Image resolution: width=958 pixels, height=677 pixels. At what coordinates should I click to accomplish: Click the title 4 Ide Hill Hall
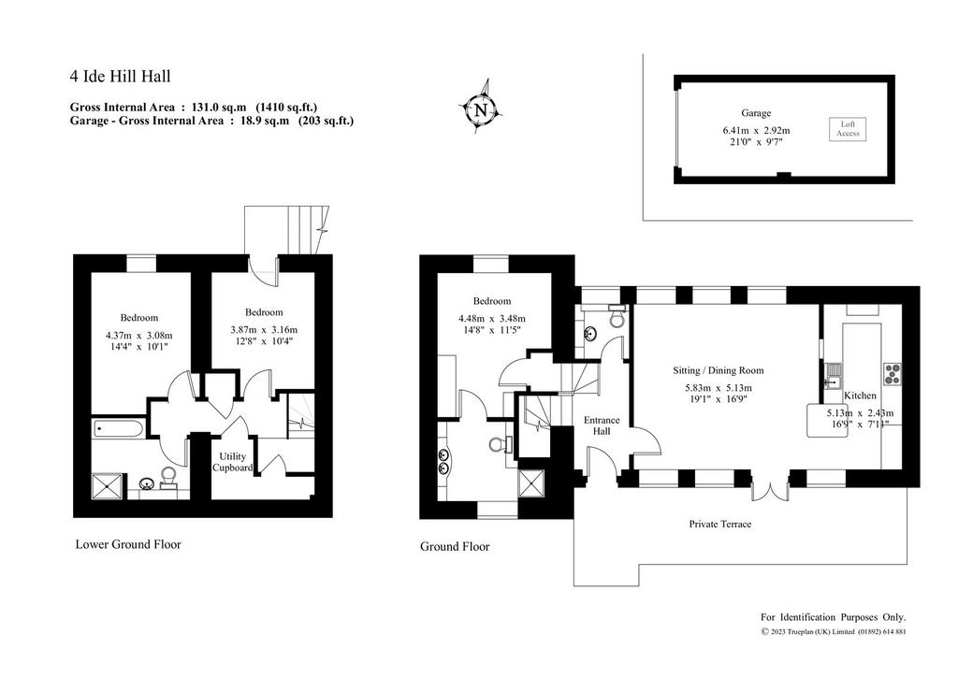click(x=121, y=77)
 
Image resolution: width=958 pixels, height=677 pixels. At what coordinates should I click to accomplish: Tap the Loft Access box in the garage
click(x=848, y=129)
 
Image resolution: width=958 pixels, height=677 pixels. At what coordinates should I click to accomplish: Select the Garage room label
click(x=756, y=113)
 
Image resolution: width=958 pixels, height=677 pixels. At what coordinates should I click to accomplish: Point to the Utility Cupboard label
click(x=232, y=462)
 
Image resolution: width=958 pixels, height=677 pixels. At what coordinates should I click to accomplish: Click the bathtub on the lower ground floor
click(x=118, y=428)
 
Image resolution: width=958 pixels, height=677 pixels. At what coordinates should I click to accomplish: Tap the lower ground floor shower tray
click(x=107, y=486)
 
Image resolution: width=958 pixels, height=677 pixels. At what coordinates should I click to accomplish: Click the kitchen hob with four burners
click(x=892, y=374)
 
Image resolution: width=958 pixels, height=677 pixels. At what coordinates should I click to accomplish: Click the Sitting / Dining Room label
click(x=718, y=370)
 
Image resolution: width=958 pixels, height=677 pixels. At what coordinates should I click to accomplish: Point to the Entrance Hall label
click(x=602, y=425)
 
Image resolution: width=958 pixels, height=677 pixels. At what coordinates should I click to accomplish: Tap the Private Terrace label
click(x=719, y=524)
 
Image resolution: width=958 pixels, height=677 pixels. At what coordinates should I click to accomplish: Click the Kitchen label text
click(x=860, y=396)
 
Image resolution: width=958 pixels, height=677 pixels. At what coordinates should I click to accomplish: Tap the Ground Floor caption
click(x=455, y=546)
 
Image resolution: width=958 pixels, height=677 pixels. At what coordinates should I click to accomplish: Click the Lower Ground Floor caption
click(x=128, y=544)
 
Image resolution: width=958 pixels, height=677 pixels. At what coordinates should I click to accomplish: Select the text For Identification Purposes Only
click(x=833, y=617)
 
